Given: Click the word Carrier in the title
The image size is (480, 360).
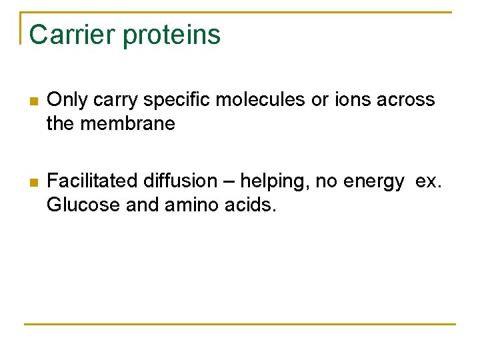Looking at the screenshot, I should (72, 35).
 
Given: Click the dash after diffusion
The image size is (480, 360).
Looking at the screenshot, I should (229, 181).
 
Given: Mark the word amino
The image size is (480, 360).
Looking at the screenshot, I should (187, 205).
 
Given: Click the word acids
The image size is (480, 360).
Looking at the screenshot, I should (249, 205).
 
